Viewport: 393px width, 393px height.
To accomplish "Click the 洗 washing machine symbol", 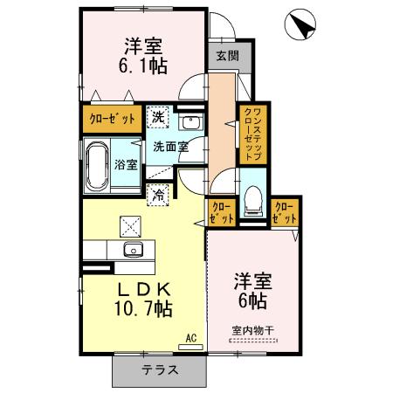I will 159,116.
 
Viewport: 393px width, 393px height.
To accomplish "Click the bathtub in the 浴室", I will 97,164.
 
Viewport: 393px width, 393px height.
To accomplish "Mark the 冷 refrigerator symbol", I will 159,196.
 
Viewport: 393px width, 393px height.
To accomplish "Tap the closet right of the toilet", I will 285,212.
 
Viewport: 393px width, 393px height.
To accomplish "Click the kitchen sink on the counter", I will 134,251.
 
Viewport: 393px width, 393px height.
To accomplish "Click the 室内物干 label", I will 251,330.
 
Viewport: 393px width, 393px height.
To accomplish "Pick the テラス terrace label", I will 161,369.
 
